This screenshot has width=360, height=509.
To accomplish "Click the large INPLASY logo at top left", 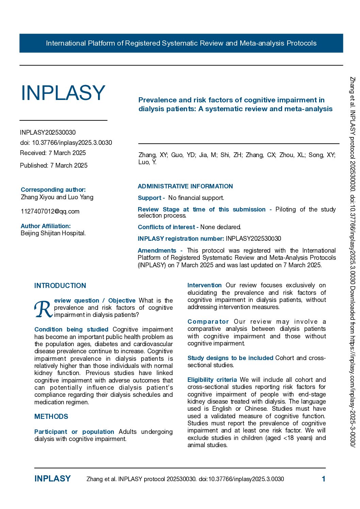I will coord(63,93).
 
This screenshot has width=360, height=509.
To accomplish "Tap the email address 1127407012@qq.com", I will coord(50,211).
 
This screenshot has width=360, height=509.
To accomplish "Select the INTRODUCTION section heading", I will coord(60,286).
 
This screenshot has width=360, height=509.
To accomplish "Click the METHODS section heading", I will coord(51,417).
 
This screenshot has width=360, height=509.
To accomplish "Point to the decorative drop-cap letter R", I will coord(43,309).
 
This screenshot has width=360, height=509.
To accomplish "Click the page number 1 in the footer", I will coord(324,479).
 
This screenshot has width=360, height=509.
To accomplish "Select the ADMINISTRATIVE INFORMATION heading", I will coord(185,186).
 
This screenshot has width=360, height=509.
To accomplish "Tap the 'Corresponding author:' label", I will coord(53,190).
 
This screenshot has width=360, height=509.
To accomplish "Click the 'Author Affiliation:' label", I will coord(46,226).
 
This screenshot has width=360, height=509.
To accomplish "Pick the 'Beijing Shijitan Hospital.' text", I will coord(53,233).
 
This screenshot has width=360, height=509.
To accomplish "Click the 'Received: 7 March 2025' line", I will coord(53,153).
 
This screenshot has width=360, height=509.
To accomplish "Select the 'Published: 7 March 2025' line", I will coord(54,166).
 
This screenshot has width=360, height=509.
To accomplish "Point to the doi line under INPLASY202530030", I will coord(66,143).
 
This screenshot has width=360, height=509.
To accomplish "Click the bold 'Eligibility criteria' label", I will coord(212,380).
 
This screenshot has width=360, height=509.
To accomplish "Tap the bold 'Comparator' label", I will coord(208,322).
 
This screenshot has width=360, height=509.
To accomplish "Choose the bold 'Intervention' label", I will coord(204,285).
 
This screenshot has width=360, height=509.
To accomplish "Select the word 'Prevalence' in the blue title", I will coord(157,100).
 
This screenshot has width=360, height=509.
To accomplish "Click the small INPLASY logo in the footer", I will coord(52,479).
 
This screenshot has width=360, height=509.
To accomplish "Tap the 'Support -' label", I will coord(151,198).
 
